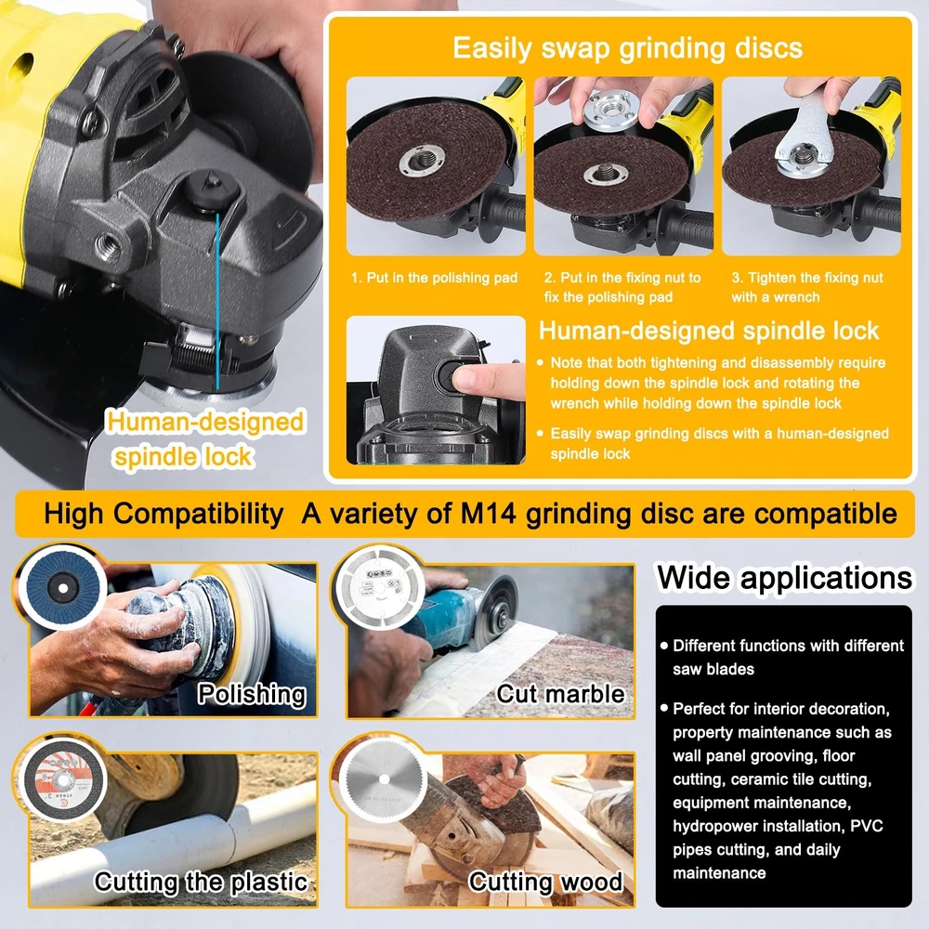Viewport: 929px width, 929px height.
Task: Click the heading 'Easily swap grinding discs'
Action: (627, 48)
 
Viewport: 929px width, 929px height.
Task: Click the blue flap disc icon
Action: (62, 587)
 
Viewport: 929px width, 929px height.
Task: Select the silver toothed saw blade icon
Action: (384, 779)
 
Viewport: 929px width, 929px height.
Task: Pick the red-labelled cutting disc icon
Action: (62, 779)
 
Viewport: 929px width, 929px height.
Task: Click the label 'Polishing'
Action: (252, 694)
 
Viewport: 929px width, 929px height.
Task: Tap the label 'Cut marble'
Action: (560, 693)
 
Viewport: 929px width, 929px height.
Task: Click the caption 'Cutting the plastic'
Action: (202, 882)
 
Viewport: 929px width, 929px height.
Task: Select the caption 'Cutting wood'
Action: (545, 882)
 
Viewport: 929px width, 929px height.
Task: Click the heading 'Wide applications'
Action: (784, 578)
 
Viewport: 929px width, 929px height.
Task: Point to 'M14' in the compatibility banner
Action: (489, 514)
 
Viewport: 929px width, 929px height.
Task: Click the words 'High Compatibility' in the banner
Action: (164, 514)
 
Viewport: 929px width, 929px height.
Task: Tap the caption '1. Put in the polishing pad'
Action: (434, 278)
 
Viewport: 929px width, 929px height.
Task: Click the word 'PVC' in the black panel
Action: (867, 826)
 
